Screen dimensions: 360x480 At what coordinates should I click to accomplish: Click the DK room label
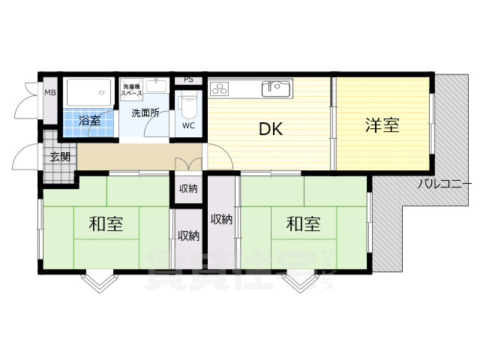270,129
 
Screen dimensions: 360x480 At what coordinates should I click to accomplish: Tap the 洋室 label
382,125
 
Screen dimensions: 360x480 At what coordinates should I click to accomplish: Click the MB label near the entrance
49,93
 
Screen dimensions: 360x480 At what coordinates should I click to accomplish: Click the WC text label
188,126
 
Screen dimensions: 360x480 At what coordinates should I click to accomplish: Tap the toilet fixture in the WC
188,104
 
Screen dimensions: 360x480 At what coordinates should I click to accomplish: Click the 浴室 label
89,121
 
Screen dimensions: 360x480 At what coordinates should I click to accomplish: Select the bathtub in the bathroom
89,93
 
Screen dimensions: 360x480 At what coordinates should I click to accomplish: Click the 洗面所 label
145,113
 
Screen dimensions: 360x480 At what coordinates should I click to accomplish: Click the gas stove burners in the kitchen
220,89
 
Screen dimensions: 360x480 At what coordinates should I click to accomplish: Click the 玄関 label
60,157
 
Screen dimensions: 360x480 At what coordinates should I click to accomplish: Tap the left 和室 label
106,223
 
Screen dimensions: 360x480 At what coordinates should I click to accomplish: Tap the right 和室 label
303,223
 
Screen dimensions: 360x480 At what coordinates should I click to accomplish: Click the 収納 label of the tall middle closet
221,219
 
